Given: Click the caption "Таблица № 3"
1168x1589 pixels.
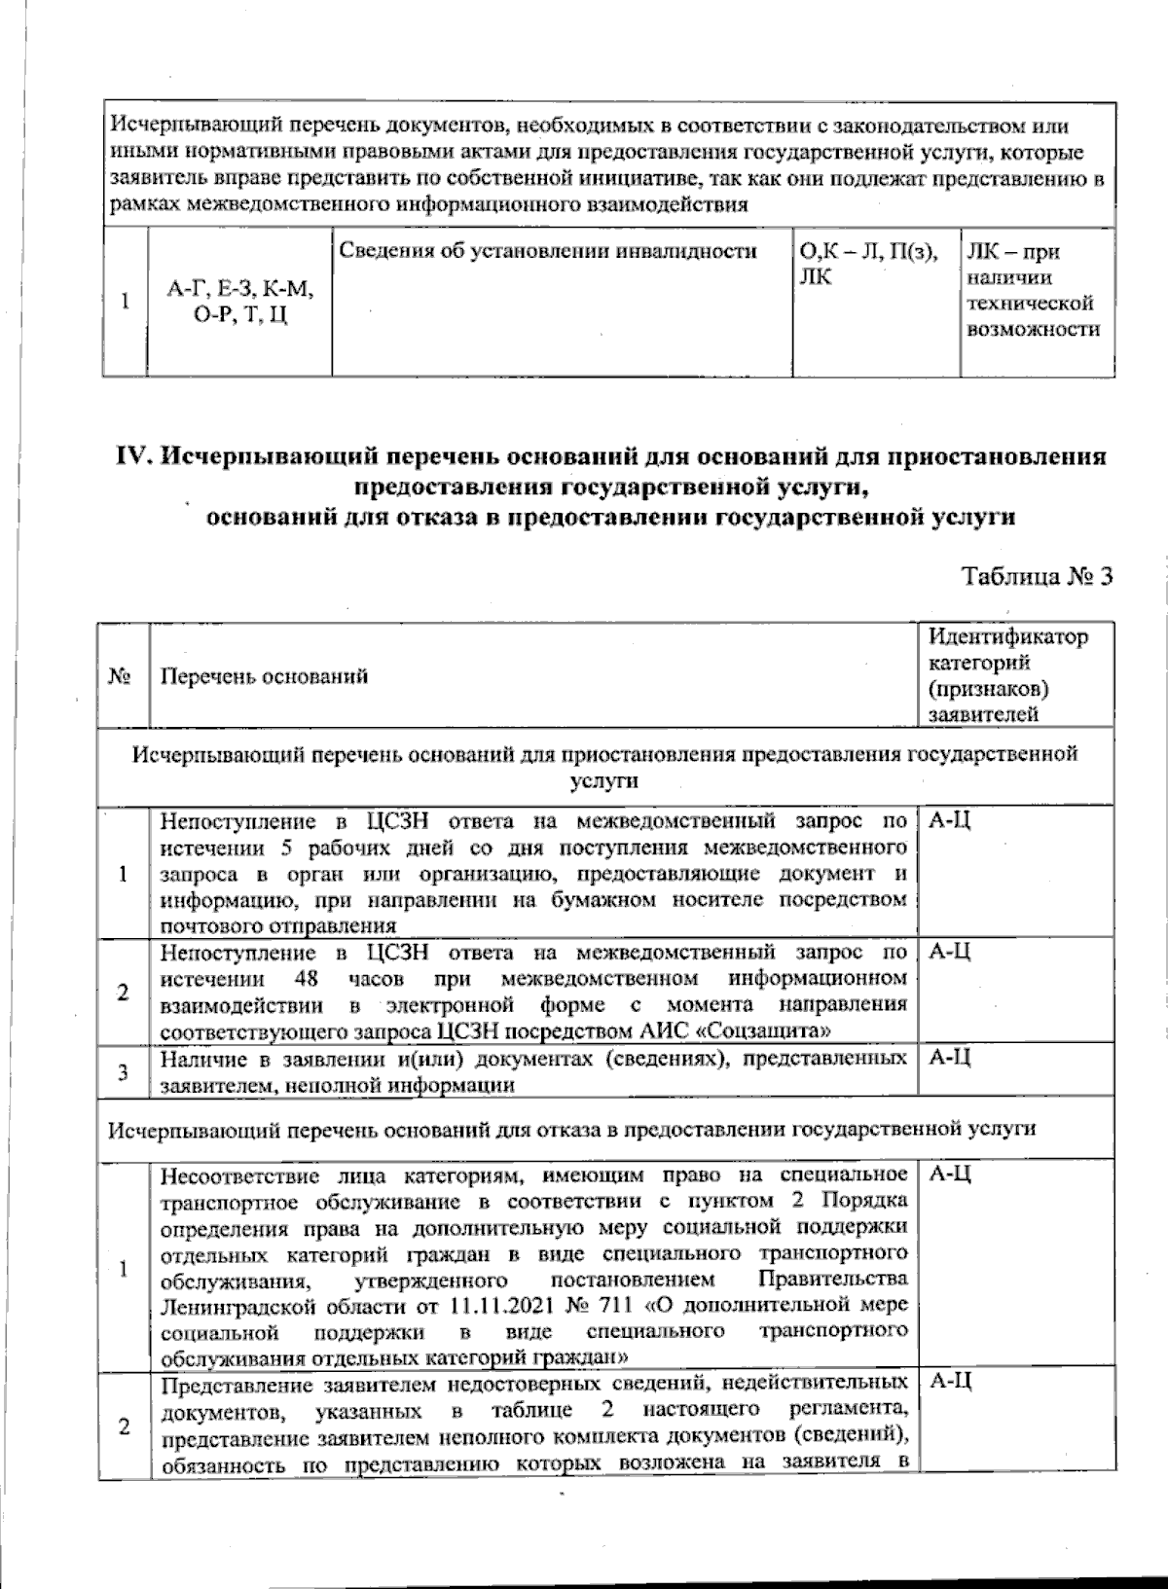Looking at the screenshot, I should coord(1037,576).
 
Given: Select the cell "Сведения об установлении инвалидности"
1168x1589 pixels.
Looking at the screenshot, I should coord(549,252).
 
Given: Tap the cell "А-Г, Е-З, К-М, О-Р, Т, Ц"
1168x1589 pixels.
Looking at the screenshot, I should coord(239,303).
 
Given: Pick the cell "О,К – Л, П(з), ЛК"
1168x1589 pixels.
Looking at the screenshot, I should coord(867,265).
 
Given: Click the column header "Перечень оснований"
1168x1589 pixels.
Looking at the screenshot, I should coord(265,676).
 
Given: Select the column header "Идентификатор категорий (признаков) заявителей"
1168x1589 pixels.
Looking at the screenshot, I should coord(1006,675).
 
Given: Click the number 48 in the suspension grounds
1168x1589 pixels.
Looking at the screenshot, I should coord(304,977).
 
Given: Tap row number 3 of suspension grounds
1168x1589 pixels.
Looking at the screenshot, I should coord(123,1072).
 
